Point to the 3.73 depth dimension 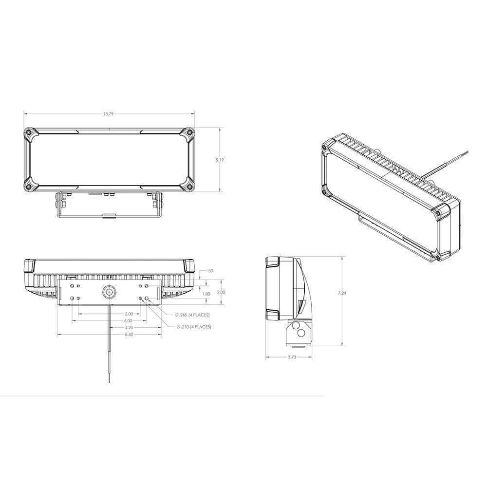pos(289,357)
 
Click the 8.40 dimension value pos(110,335)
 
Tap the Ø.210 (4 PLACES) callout pos(193,327)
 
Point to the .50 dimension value pos(210,270)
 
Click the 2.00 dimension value pos(221,292)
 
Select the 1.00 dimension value pos(206,294)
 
